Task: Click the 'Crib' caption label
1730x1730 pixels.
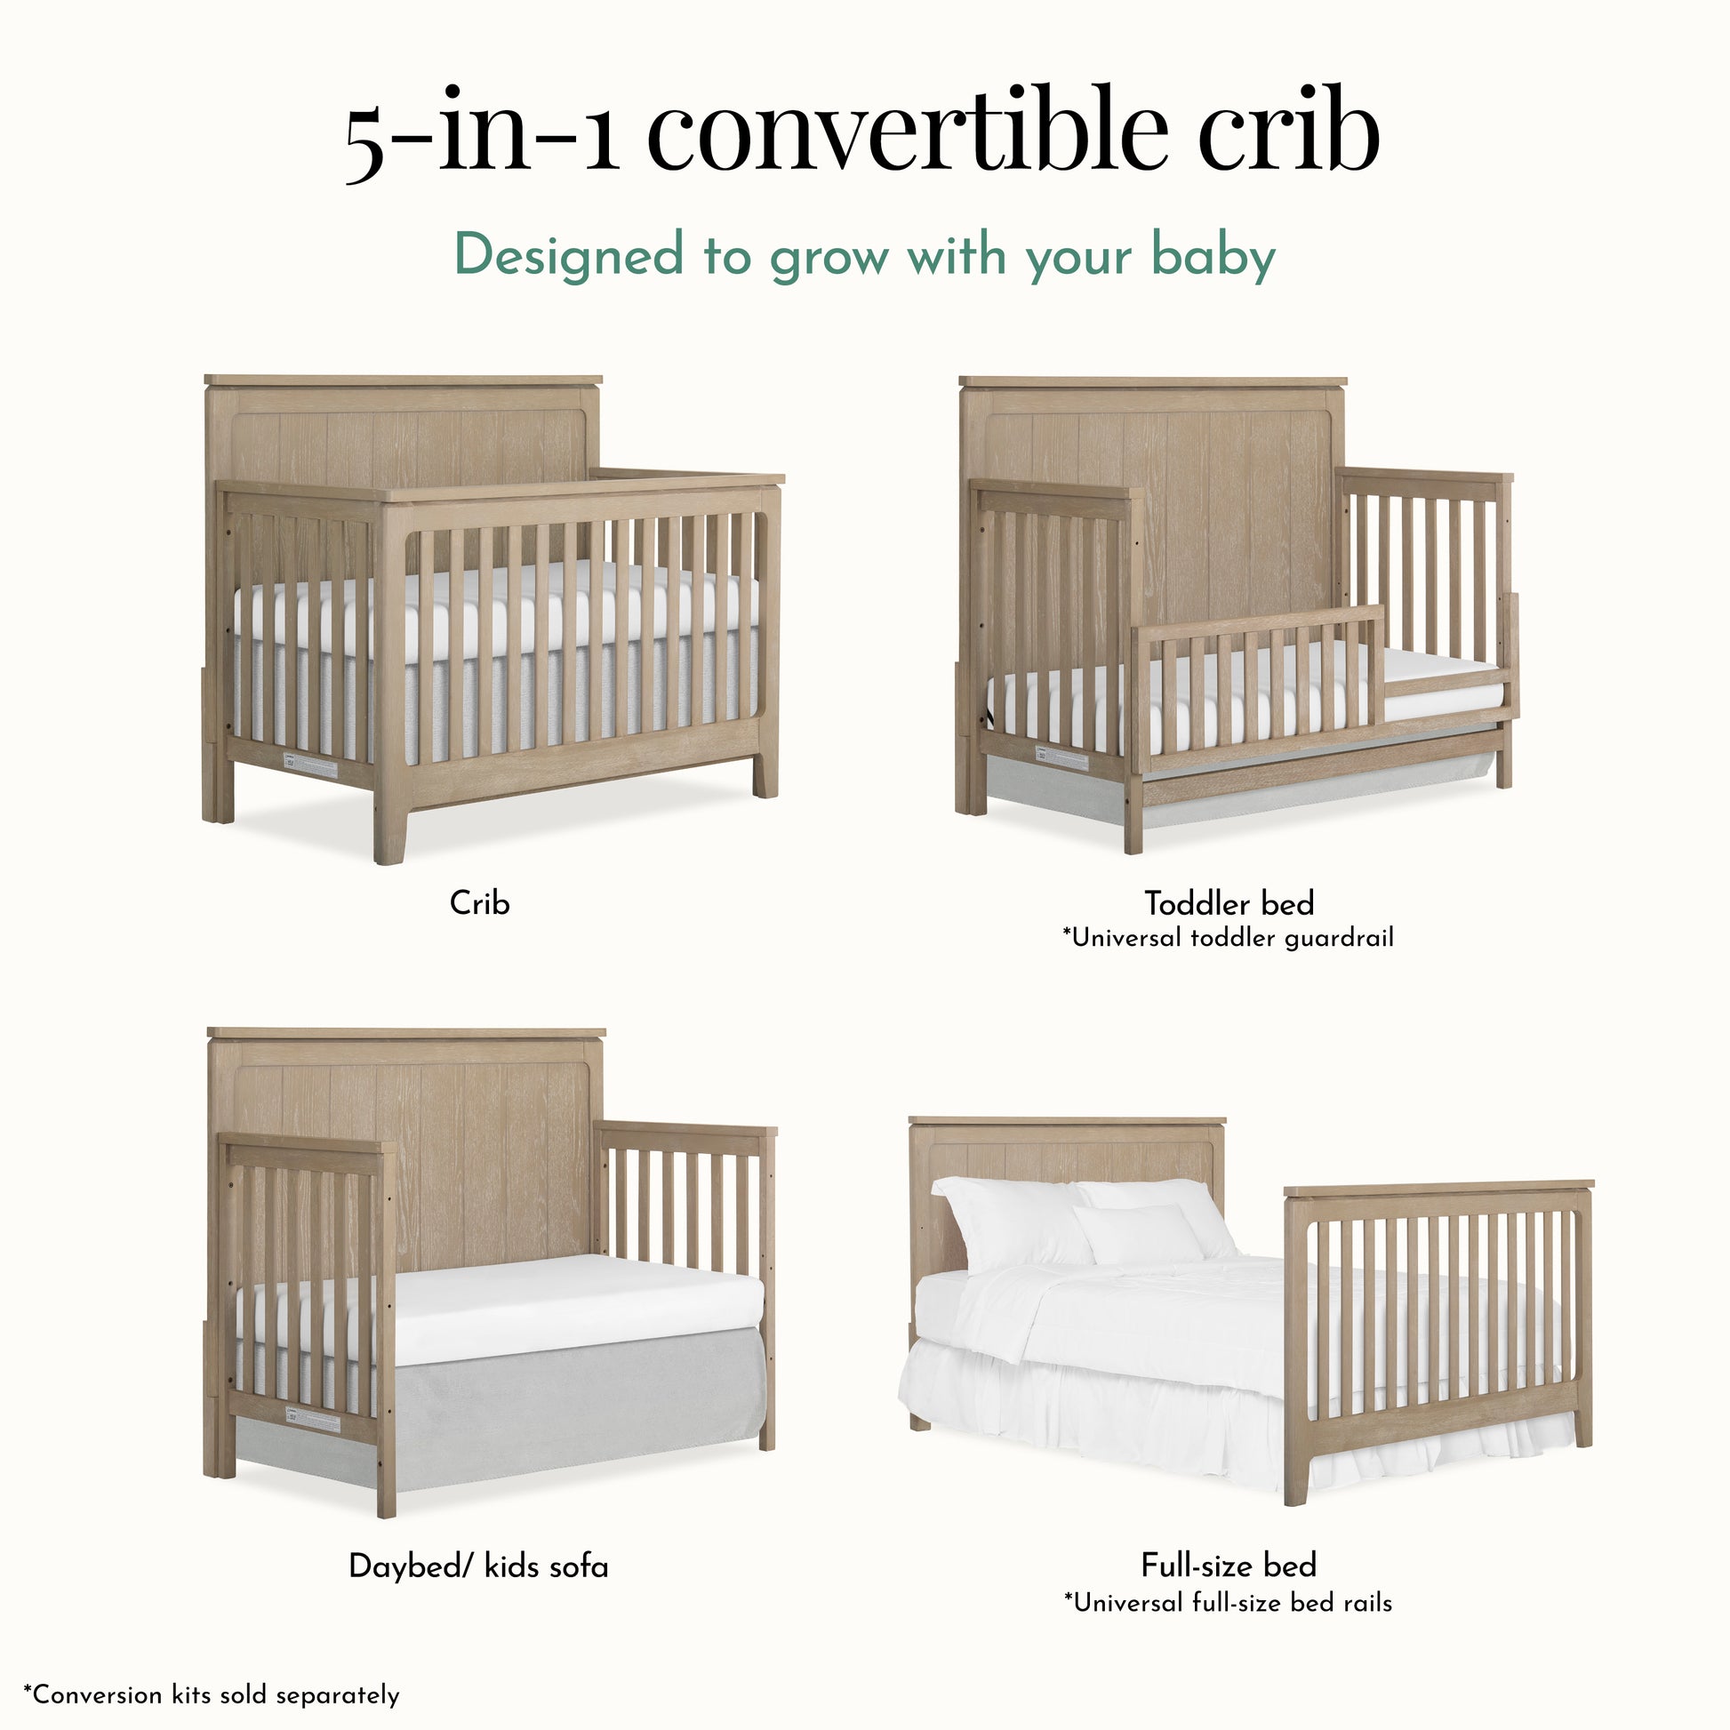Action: click(x=480, y=902)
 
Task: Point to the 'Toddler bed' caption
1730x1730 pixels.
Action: click(x=1229, y=902)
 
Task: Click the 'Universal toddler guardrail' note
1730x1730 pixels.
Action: click(x=1228, y=938)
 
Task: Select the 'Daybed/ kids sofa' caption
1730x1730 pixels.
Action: click(x=478, y=1566)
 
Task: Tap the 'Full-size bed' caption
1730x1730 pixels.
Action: click(x=1229, y=1566)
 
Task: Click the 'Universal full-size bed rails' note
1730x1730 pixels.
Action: click(x=1228, y=1602)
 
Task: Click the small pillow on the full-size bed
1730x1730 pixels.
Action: click(x=1138, y=1234)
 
